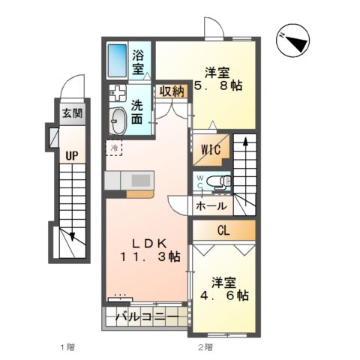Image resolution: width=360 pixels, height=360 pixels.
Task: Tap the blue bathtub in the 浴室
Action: pos(118,60)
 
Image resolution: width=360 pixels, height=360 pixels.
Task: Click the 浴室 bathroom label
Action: pos(139,61)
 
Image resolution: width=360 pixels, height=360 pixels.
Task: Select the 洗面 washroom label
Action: pos(139,113)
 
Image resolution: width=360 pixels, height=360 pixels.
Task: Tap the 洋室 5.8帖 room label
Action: pos(219,80)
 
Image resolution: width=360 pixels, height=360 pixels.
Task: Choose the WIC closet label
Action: pos(211,149)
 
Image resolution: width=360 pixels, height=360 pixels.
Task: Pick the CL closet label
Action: pos(224,230)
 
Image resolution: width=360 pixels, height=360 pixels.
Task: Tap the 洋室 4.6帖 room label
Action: pos(224,289)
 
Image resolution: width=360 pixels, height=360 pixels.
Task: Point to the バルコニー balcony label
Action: pos(147,318)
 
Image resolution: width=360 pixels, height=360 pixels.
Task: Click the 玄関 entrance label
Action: pos(72,115)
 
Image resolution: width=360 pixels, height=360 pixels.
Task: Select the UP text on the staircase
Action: pos(71,156)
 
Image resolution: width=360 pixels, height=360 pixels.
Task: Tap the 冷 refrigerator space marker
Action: pos(115,148)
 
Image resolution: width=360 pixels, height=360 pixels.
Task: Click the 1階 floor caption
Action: pos(67,346)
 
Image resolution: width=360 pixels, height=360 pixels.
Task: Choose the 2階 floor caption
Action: pos(205,346)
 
